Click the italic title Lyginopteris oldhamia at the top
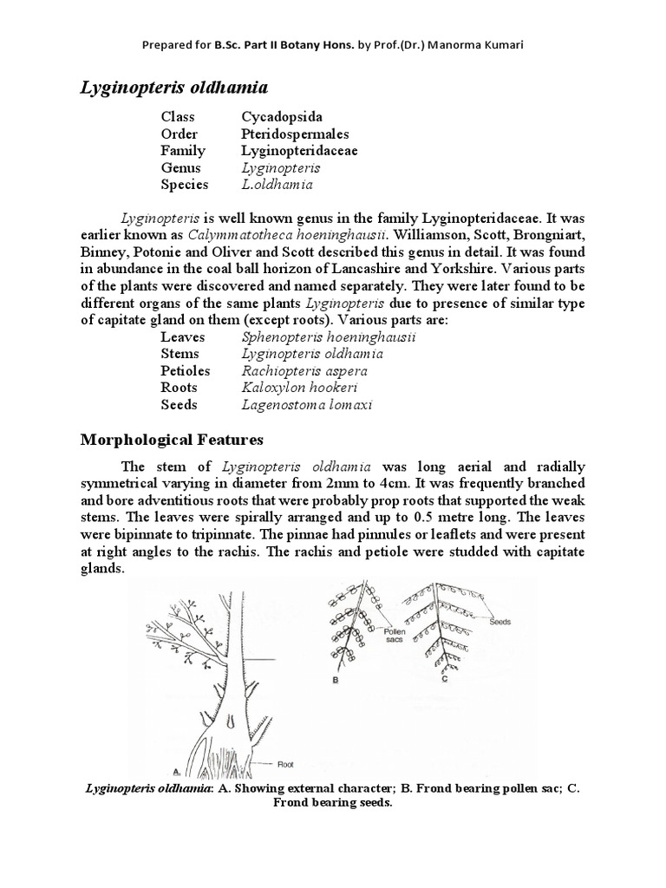tap(174, 87)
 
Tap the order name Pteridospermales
tap(295, 134)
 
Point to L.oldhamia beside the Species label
tap(277, 185)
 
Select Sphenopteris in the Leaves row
tap(283, 336)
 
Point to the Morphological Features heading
tap(172, 440)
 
